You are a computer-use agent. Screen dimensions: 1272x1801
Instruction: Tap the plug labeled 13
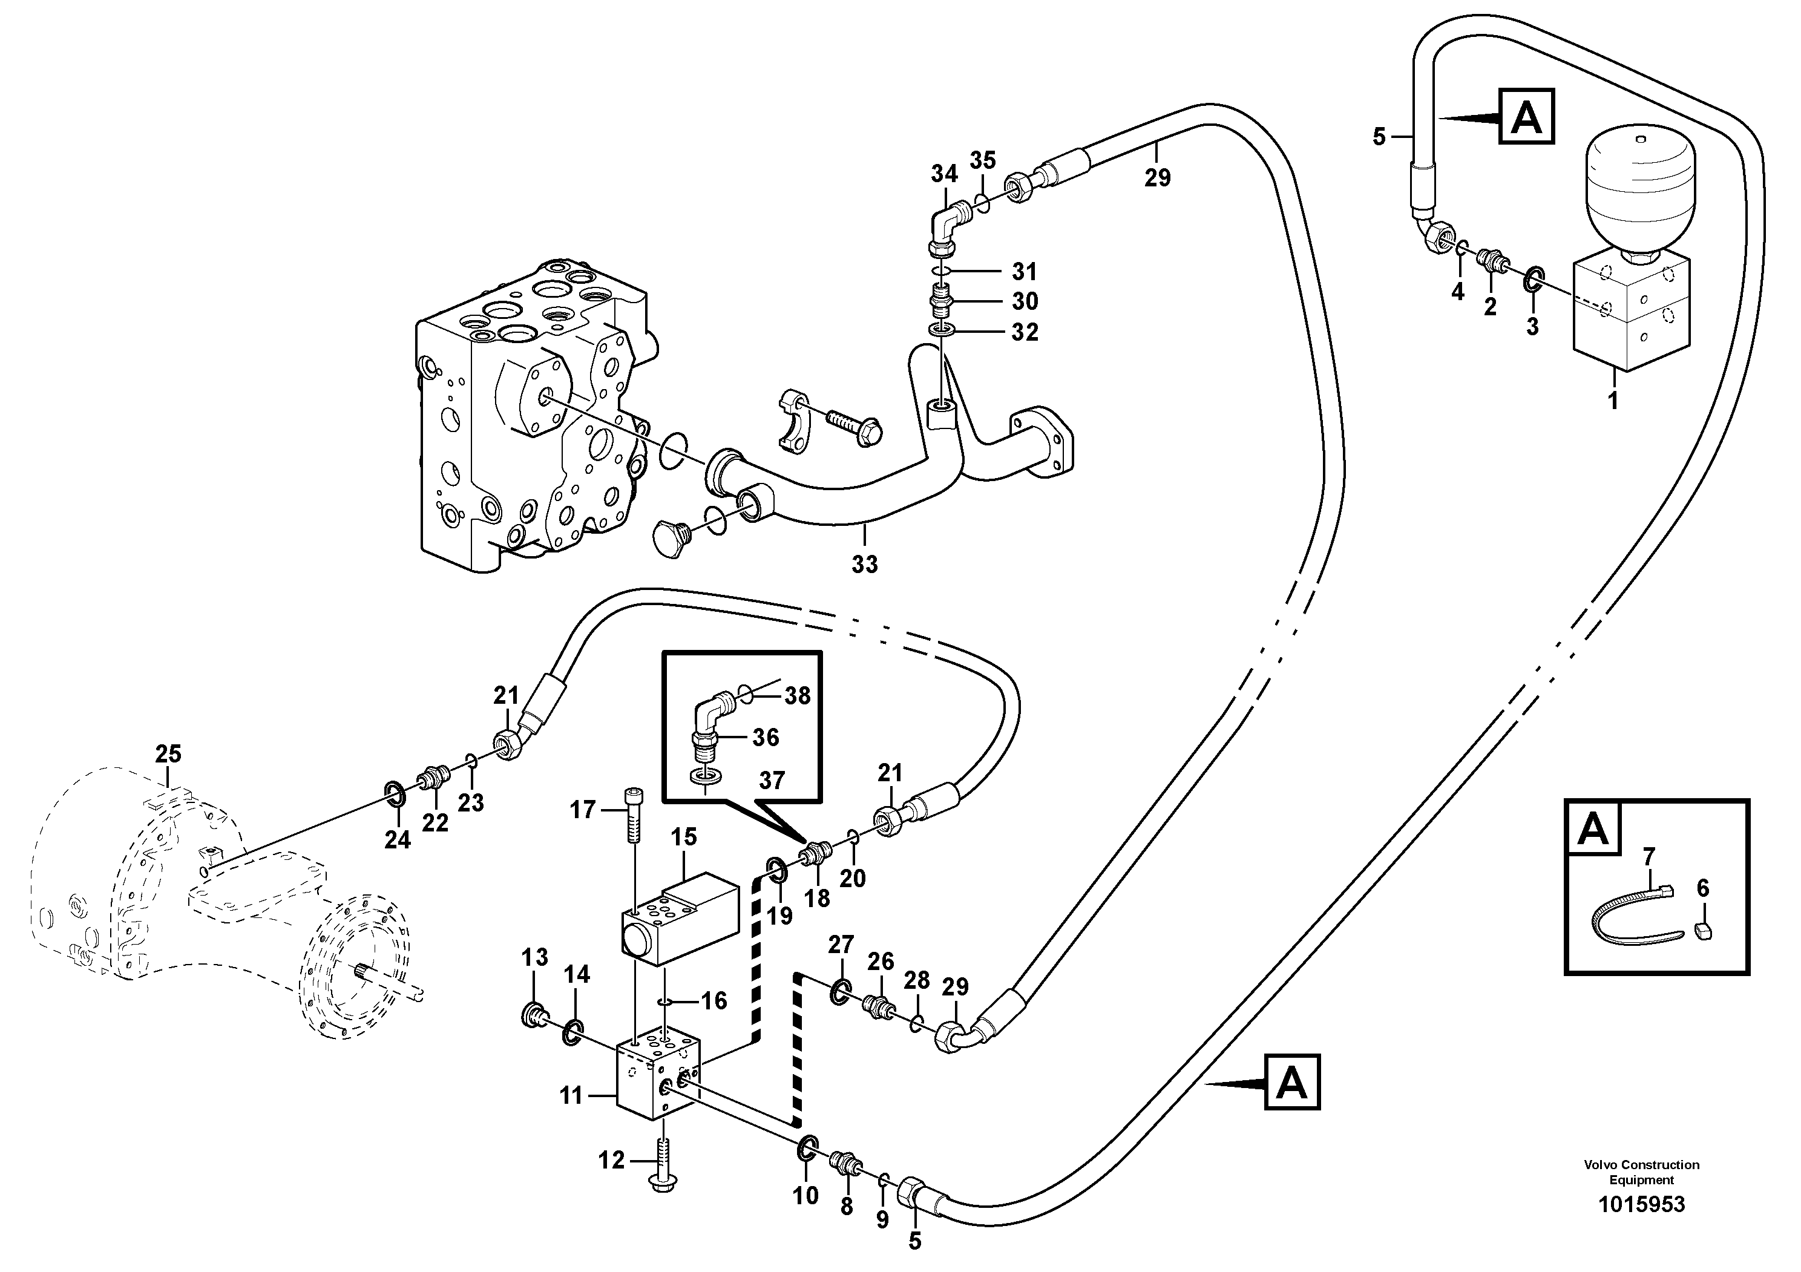click(x=533, y=1017)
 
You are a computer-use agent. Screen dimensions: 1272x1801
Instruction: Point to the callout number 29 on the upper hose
click(x=1157, y=178)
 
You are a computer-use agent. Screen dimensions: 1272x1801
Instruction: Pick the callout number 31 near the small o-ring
click(x=1023, y=271)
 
